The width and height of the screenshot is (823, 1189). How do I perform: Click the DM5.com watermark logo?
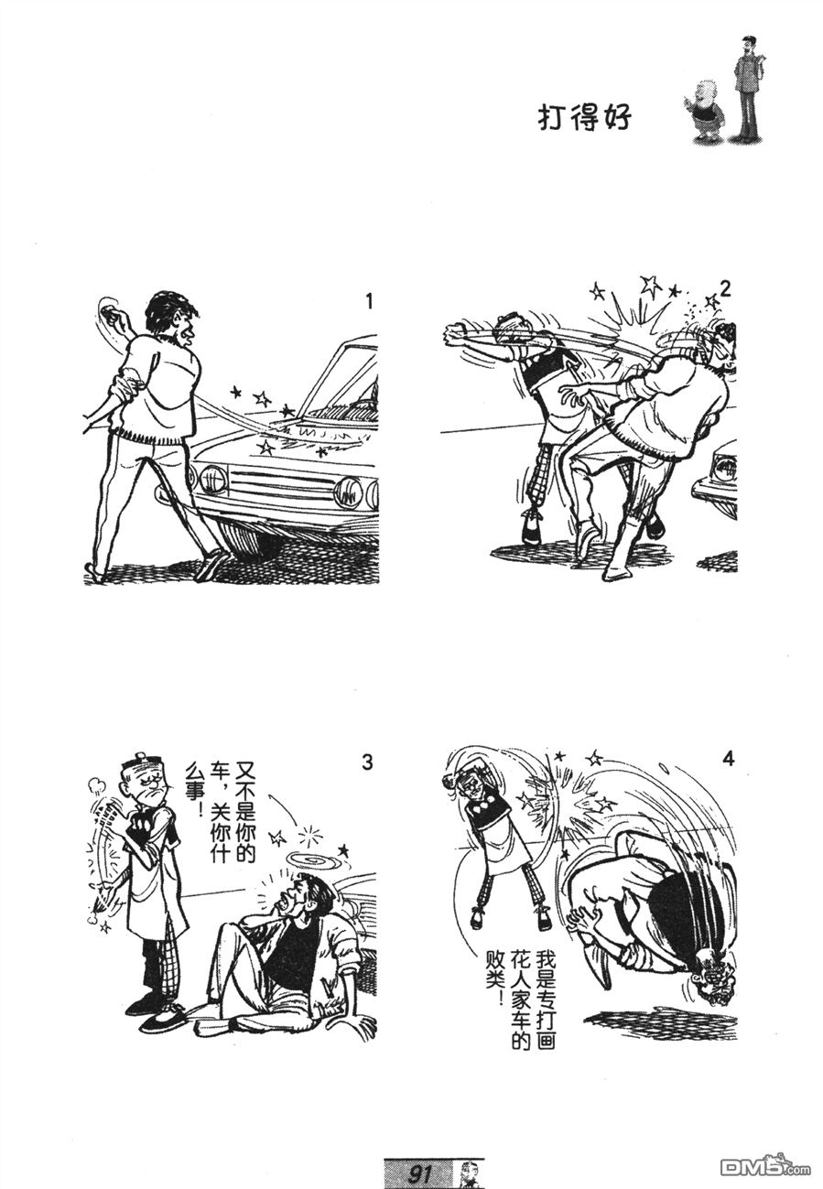tap(765, 1168)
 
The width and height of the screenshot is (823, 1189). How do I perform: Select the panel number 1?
tap(370, 302)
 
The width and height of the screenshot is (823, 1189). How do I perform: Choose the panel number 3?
tap(367, 762)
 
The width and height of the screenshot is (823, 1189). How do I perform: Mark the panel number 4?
tap(729, 760)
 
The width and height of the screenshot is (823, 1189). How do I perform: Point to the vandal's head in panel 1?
tap(172, 319)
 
